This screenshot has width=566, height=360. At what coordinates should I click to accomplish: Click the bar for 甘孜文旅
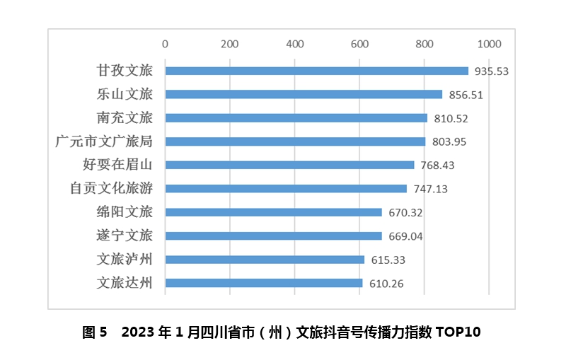pos(316,71)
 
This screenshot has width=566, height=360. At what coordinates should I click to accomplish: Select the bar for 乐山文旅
pos(304,94)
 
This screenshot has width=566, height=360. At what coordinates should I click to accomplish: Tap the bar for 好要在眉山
pos(289,165)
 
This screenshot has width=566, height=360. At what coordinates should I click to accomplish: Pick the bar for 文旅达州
pos(263,283)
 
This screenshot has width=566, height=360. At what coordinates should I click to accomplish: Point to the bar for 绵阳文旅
pos(273,212)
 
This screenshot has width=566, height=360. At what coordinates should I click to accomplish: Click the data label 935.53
pos(492,71)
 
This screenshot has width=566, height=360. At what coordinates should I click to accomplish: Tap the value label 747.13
pos(430,189)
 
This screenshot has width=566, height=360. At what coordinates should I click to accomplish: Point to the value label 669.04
pos(405,236)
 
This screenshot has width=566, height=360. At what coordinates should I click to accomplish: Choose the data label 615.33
pos(388,260)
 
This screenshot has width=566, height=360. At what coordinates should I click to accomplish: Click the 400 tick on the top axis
pos(294,44)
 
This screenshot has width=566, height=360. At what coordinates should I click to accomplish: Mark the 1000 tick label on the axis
pos(488,44)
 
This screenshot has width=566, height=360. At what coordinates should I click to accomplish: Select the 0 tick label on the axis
pos(165,44)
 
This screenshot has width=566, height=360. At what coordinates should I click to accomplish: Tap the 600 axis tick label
pos(359,44)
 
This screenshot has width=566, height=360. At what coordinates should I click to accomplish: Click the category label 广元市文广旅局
pos(103,141)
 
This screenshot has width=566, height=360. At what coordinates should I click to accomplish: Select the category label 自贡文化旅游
pos(111,189)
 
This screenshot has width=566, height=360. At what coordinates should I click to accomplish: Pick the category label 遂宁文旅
pos(125,236)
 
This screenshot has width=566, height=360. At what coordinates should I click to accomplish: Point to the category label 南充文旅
pos(125,118)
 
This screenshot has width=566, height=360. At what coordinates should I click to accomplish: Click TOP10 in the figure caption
pos(458,332)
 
